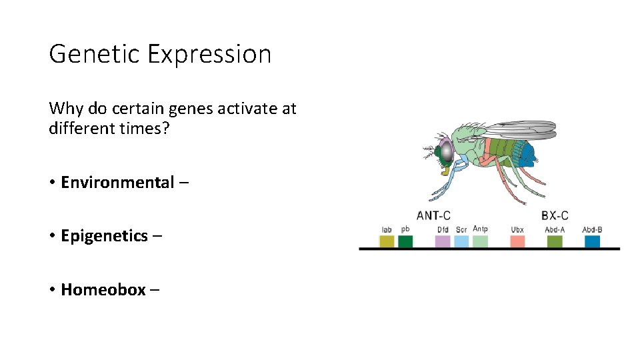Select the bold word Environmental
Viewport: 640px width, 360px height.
point(117,183)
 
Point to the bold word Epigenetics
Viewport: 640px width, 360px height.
point(105,236)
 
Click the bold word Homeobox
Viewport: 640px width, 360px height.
point(103,289)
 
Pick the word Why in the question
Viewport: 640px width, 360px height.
point(65,109)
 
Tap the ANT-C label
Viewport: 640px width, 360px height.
point(433,215)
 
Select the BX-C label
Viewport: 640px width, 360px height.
point(555,215)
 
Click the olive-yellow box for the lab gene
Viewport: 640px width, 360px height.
point(387,241)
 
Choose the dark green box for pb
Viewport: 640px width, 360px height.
point(405,241)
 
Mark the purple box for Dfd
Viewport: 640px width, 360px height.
point(443,241)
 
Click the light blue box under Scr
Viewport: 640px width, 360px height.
point(461,241)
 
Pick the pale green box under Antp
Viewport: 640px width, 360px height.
point(480,241)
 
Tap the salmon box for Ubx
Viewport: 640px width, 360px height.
point(517,241)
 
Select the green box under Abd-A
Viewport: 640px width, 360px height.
point(555,241)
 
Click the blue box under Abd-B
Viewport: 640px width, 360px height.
point(592,241)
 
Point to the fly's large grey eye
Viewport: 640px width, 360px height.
point(445,152)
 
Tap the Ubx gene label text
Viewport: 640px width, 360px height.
point(517,230)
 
